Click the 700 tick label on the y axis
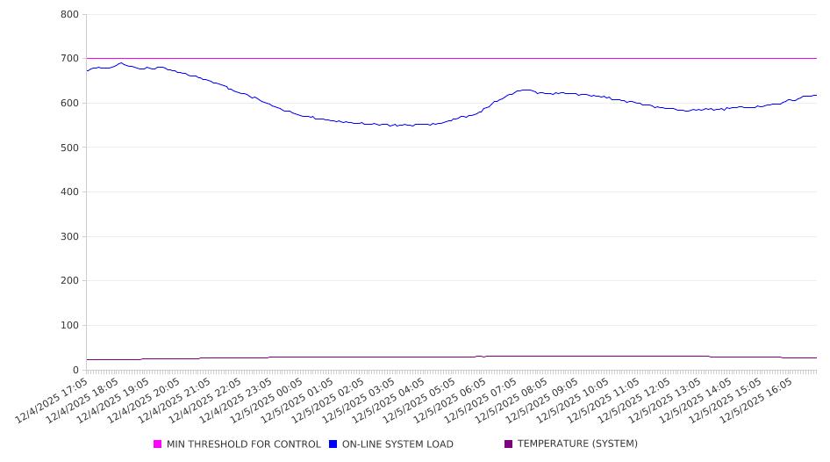pyautogui.click(x=69, y=59)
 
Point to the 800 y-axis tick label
pyautogui.click(x=69, y=15)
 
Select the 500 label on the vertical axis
pyautogui.click(x=69, y=148)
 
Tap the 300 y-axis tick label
pyautogui.click(x=69, y=236)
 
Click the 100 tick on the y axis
pyautogui.click(x=69, y=326)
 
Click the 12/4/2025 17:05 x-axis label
pyautogui.click(x=53, y=401)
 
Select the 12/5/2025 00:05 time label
pyautogui.click(x=266, y=401)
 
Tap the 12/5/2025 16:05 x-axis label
pyautogui.click(x=755, y=401)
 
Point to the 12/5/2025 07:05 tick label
pyautogui.click(x=480, y=401)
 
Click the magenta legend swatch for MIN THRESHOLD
pyautogui.click(x=158, y=444)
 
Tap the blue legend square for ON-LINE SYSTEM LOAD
pyautogui.click(x=333, y=444)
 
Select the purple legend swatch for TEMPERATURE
pyautogui.click(x=509, y=444)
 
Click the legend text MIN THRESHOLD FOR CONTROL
pyautogui.click(x=243, y=444)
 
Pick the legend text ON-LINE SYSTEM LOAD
pyautogui.click(x=397, y=444)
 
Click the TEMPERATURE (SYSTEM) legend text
pyautogui.click(x=576, y=444)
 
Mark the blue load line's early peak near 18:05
pyautogui.click(x=121, y=62)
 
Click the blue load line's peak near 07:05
pyautogui.click(x=526, y=90)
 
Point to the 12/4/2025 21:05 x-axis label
pyautogui.click(x=175, y=401)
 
